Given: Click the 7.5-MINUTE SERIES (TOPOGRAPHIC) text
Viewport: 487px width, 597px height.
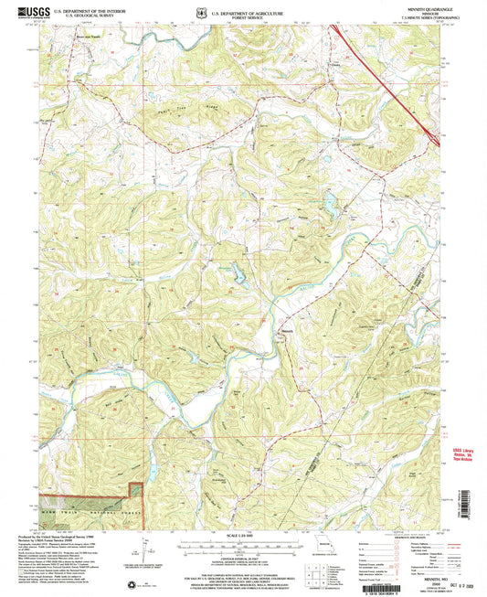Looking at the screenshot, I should click(x=419, y=17).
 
